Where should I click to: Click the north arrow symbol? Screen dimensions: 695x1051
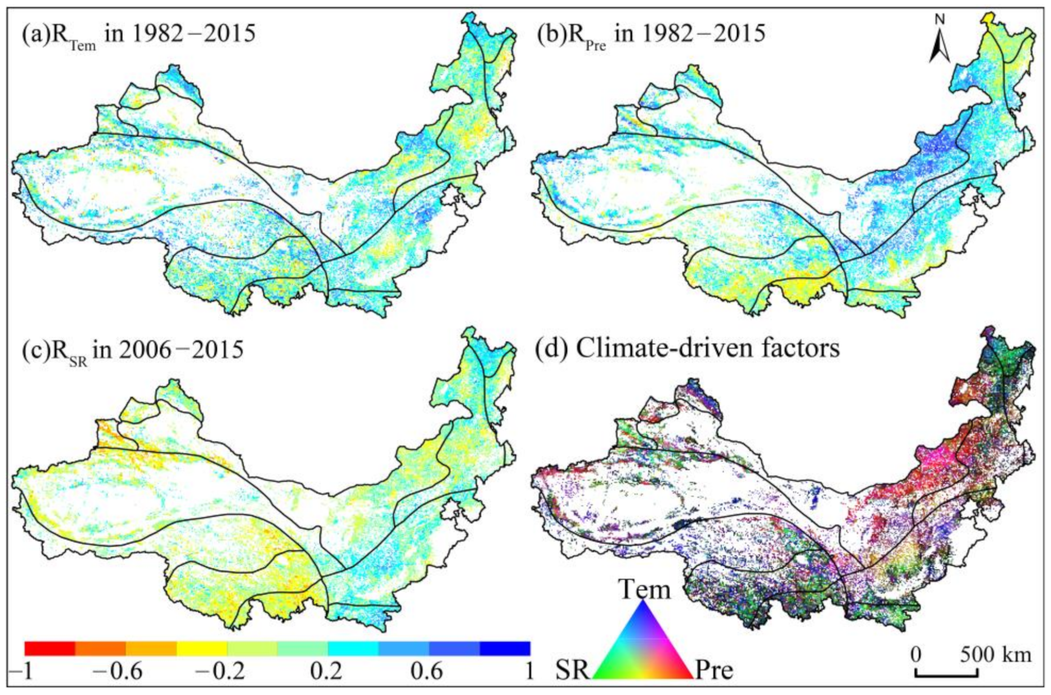(x=940, y=48)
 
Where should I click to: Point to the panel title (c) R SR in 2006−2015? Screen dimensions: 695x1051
(x=132, y=351)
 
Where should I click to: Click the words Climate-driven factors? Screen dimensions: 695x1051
(x=707, y=348)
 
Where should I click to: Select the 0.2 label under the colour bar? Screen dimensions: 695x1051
(x=326, y=671)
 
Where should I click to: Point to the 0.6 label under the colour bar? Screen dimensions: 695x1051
(x=426, y=671)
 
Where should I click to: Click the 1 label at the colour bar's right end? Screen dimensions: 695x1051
(x=528, y=671)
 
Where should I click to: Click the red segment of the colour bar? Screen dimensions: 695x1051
(x=50, y=648)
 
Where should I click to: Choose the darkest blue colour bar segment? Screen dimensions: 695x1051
(x=505, y=648)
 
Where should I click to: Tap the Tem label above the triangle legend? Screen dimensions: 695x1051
(x=645, y=590)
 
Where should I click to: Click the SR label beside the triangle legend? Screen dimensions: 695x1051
(x=573, y=670)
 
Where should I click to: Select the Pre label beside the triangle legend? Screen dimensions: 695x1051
(x=714, y=670)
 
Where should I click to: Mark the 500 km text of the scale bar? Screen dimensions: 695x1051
(x=996, y=654)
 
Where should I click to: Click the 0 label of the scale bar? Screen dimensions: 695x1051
(x=916, y=654)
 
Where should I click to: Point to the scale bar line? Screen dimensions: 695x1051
(x=946, y=674)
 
